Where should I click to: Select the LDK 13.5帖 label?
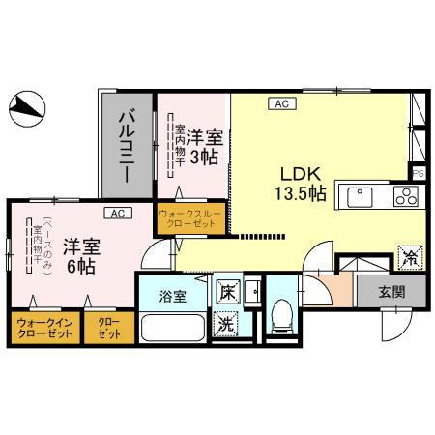click(x=302, y=184)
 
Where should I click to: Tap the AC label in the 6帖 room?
click(x=116, y=213)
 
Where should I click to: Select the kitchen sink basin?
click(x=360, y=197)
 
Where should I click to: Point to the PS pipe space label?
click(x=418, y=172)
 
